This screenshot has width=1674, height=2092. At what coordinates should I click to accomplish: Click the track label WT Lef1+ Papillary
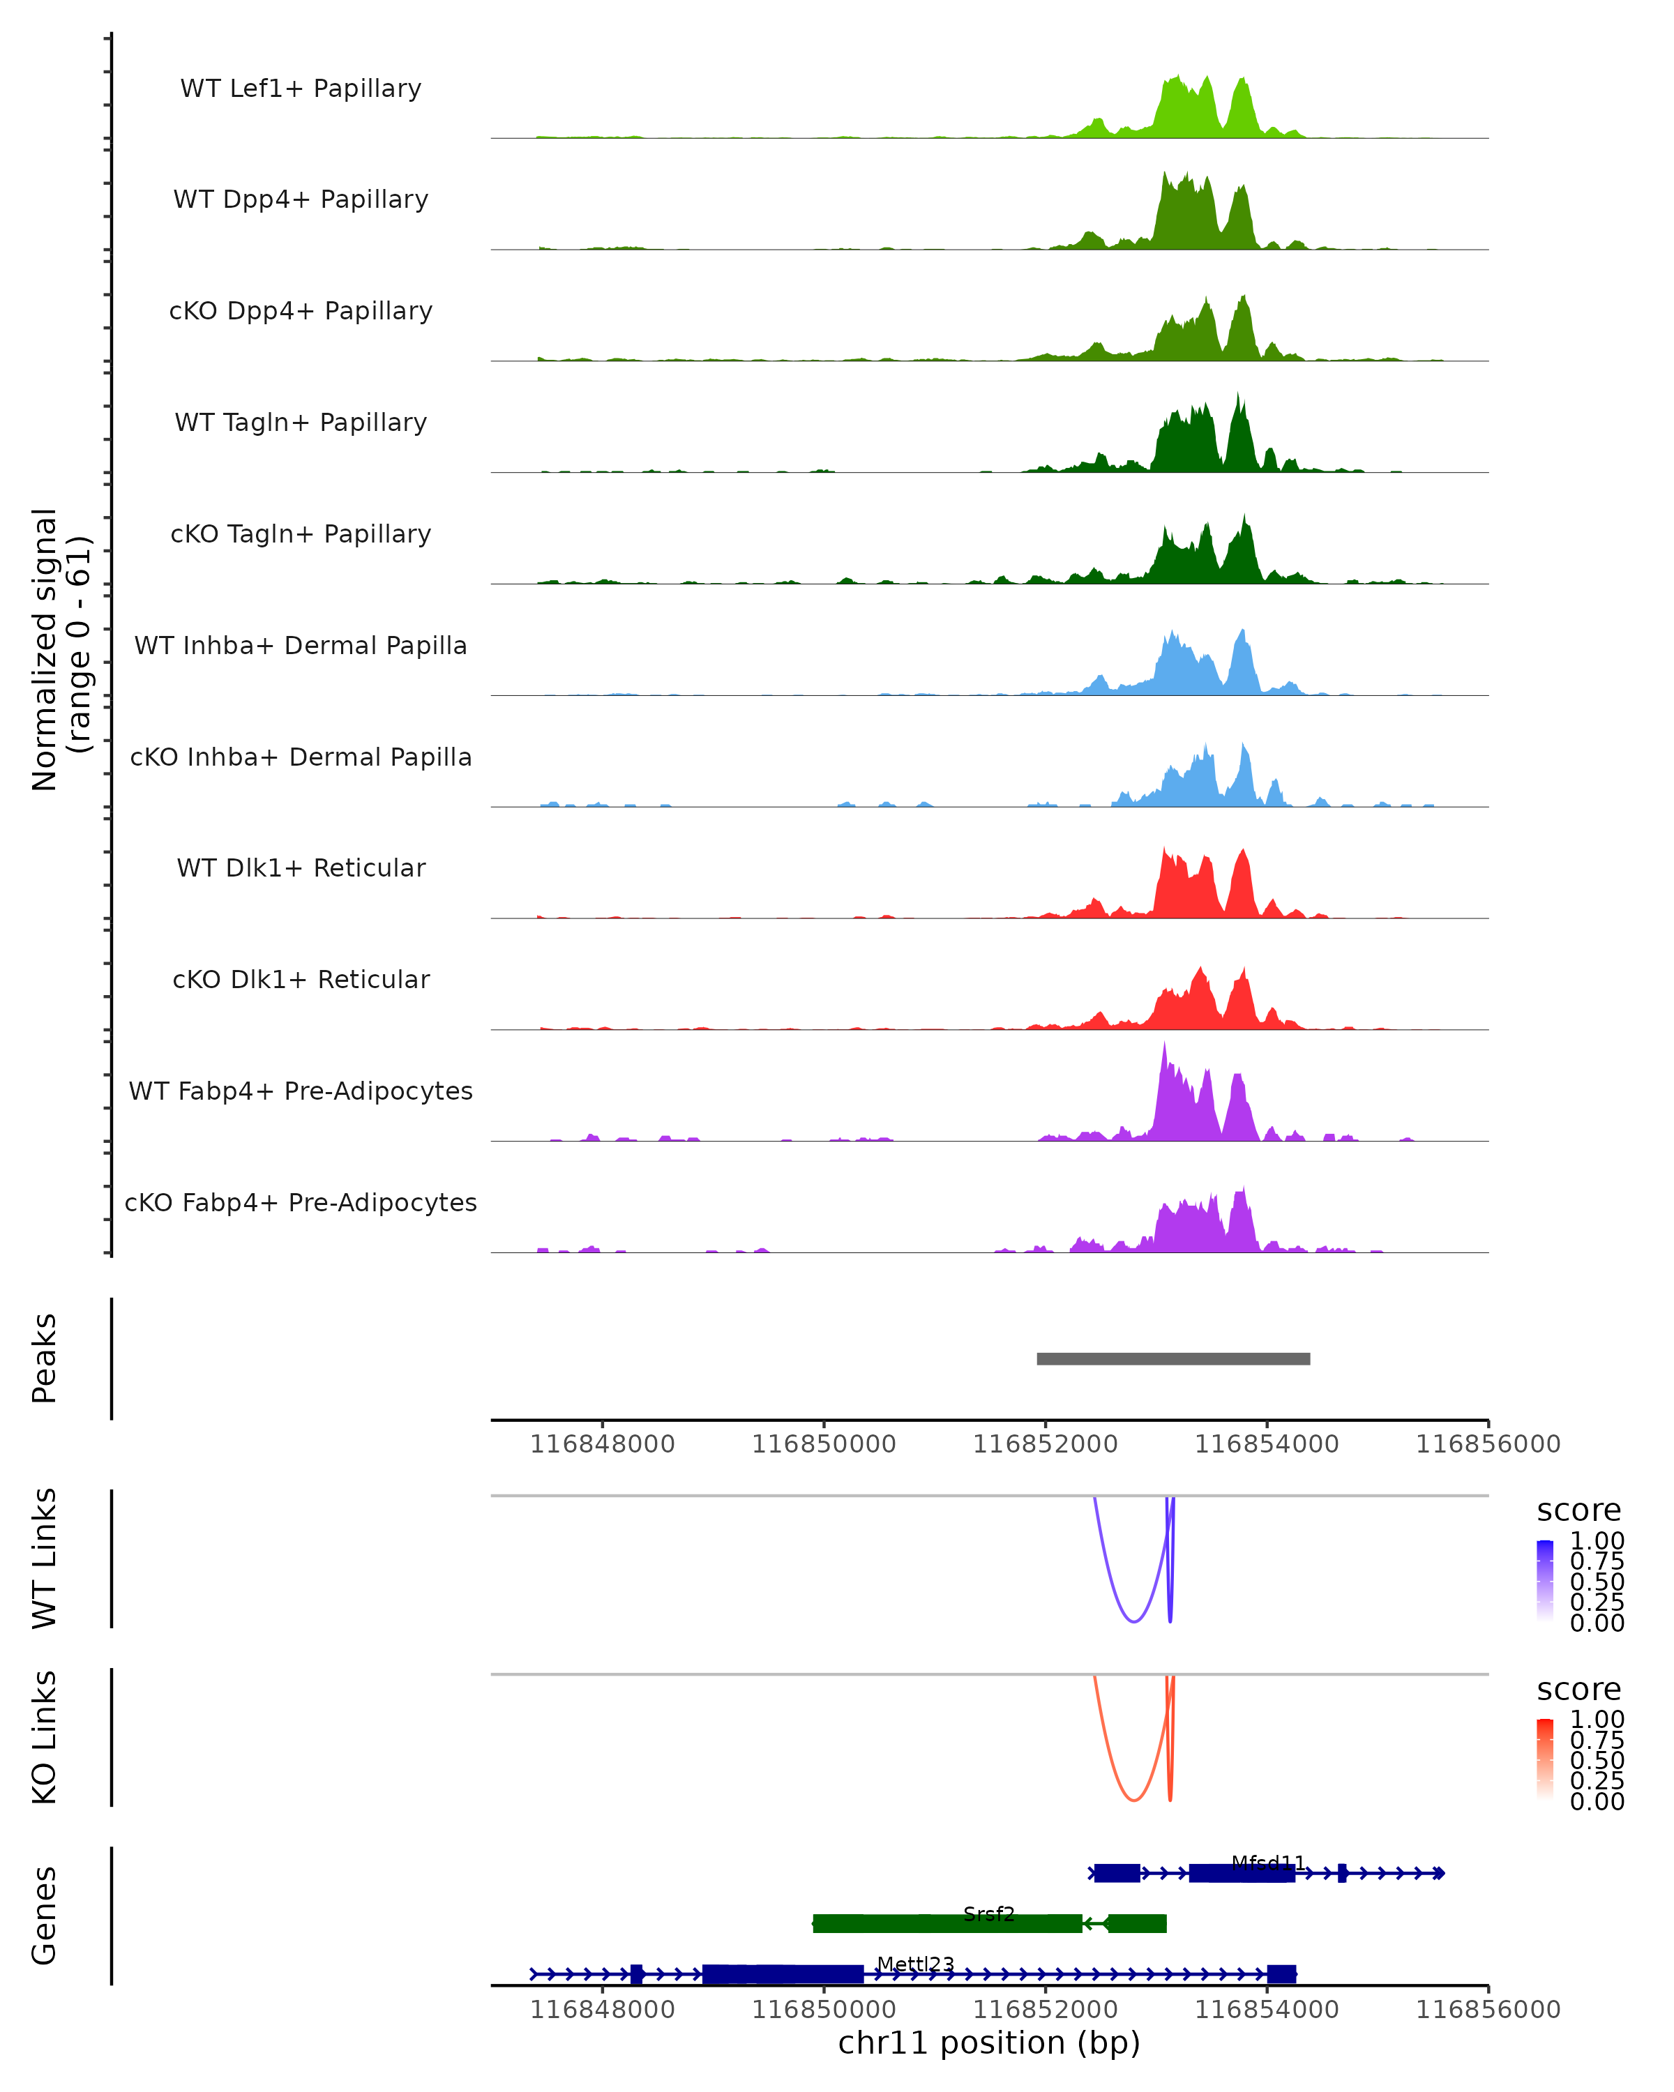301,89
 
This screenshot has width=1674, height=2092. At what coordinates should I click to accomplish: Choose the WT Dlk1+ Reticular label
301,867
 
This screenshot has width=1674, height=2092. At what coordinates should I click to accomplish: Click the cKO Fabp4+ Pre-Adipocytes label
301,1202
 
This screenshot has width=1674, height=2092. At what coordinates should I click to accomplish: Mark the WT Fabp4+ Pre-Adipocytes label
301,1091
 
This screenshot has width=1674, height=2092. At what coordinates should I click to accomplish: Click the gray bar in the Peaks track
1172,1358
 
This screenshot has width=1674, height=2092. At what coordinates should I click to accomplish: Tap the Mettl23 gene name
915,1964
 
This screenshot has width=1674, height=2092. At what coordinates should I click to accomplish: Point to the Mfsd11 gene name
1267,1863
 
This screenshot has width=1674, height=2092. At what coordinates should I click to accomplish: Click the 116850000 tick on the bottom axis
823,2008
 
